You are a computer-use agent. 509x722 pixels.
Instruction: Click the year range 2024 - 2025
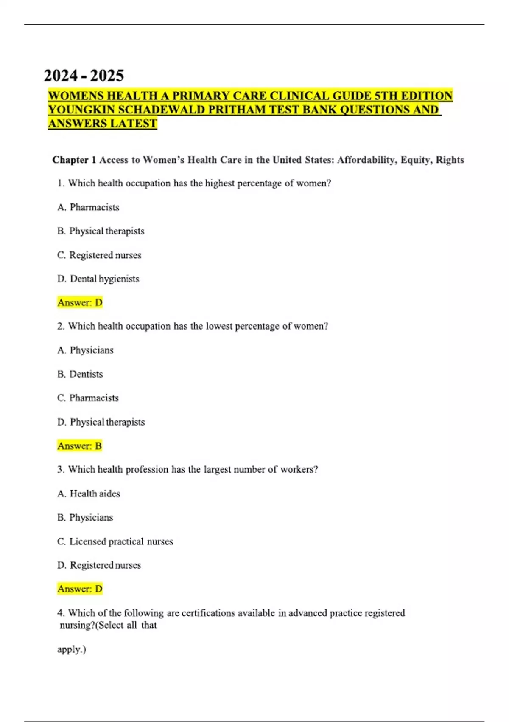[x=84, y=76]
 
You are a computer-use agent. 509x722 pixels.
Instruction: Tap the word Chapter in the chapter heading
[x=70, y=160]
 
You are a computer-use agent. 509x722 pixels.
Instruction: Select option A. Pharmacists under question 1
[x=88, y=207]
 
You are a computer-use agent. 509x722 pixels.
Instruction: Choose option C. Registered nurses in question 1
[x=99, y=255]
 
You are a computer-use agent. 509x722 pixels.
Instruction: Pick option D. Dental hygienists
[x=98, y=279]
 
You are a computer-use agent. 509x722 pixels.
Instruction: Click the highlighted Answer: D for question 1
[x=80, y=303]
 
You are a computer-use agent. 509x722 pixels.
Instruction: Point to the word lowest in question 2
[x=219, y=326]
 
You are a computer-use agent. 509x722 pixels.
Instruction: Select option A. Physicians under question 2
[x=85, y=350]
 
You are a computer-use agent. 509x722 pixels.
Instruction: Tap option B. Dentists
[x=80, y=374]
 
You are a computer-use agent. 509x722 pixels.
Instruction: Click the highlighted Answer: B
[x=80, y=446]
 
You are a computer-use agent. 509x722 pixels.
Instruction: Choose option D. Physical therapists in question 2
[x=101, y=422]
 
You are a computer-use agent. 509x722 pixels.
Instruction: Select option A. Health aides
[x=89, y=494]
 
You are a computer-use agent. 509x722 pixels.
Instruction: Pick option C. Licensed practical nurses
[x=115, y=541]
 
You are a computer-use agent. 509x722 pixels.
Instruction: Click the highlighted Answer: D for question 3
[x=80, y=589]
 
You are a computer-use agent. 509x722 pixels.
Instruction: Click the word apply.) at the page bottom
[x=71, y=649]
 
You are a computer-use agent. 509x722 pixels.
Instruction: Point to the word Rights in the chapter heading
[x=450, y=160]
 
